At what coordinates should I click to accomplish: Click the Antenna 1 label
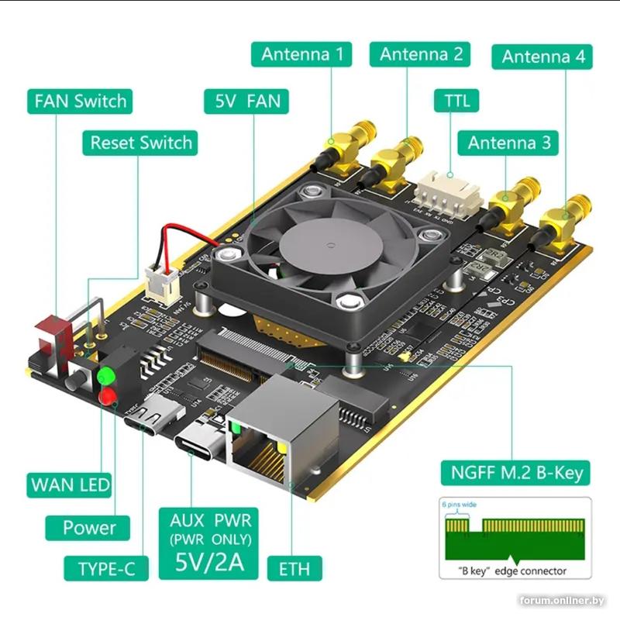tap(301, 54)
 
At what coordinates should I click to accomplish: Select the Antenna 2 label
tap(421, 54)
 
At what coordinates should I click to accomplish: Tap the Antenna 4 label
tap(542, 57)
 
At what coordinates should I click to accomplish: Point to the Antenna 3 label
tap(509, 143)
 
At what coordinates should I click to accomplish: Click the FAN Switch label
tap(80, 101)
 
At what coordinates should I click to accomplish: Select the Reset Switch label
tap(140, 143)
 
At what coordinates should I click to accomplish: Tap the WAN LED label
tap(70, 486)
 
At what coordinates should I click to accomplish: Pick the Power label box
tap(89, 528)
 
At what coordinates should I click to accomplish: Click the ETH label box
tap(288, 568)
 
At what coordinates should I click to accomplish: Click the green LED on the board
tap(105, 377)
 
